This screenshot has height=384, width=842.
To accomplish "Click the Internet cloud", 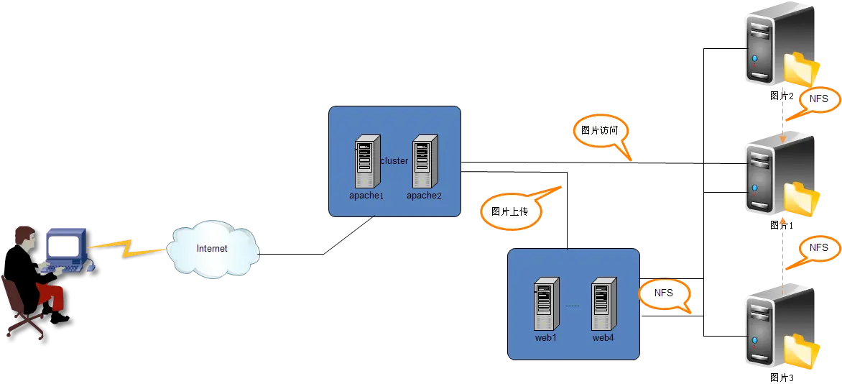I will [212, 249].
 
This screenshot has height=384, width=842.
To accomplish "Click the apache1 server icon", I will [367, 162].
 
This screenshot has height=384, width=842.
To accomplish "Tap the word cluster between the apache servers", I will [394, 161].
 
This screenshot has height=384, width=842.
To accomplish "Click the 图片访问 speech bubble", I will [599, 131].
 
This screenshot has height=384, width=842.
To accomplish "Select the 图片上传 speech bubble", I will [509, 211].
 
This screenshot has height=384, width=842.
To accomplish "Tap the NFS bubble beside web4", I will [664, 293].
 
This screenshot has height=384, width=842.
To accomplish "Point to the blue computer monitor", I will [65, 246].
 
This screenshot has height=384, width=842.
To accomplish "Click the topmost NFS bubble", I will [818, 99].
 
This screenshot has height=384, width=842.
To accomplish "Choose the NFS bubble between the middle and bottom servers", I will [818, 247].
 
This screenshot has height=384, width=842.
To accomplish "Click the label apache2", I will [424, 196].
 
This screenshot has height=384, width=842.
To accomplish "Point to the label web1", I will [546, 337].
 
